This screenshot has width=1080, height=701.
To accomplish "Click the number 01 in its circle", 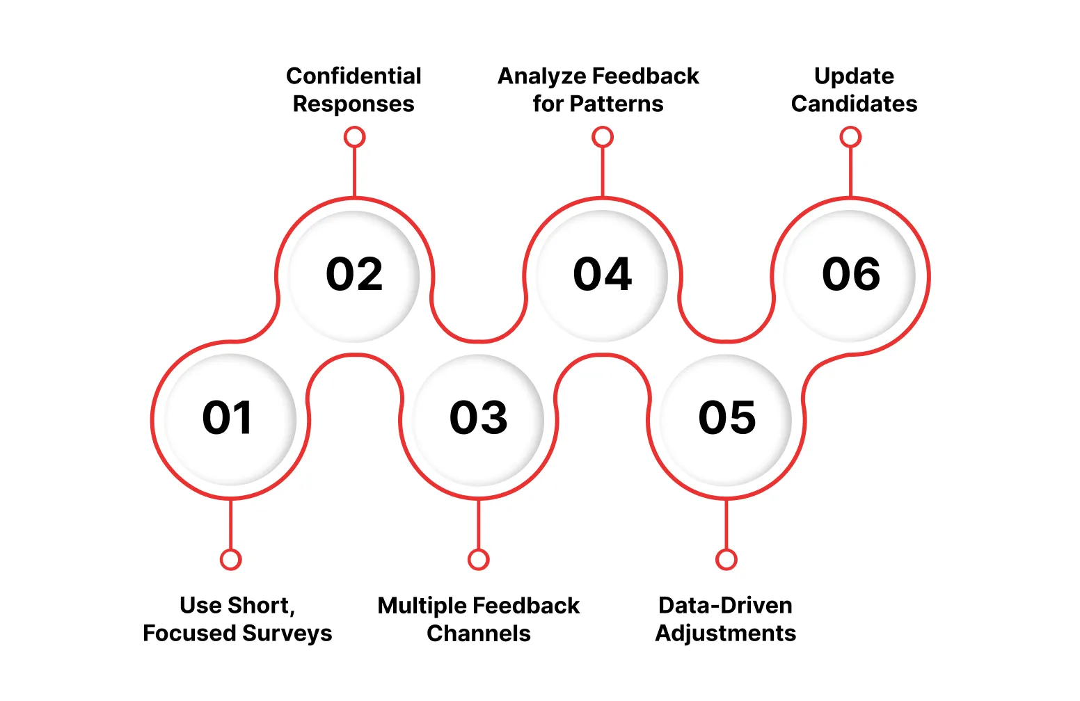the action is click(x=227, y=417).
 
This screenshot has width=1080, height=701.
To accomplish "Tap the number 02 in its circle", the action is click(x=354, y=274).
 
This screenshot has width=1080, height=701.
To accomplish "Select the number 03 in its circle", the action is click(x=478, y=417).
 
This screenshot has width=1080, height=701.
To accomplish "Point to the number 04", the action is click(x=602, y=274).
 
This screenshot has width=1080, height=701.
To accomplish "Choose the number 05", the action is click(x=727, y=417).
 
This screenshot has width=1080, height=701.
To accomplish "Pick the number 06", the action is click(x=851, y=274).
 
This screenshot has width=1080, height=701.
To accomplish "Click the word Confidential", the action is click(x=354, y=76).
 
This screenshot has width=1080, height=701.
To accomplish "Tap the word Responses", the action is click(x=354, y=104).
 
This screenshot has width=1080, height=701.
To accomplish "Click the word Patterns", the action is click(x=617, y=104).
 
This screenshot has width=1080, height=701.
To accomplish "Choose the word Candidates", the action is click(x=854, y=104).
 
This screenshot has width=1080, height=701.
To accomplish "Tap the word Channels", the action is click(x=478, y=634).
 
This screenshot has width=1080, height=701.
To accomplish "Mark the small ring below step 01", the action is click(x=230, y=560).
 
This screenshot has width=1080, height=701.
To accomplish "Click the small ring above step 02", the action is click(x=354, y=137).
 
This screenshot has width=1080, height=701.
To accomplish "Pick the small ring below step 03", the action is click(x=478, y=560).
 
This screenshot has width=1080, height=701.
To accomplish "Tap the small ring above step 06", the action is click(x=850, y=137).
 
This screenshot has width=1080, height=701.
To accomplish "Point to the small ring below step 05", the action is click(x=726, y=560).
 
